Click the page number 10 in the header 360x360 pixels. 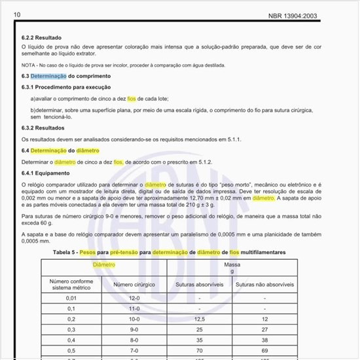point(17,14)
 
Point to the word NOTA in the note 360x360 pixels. point(28,66)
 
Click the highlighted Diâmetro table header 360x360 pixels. point(104,265)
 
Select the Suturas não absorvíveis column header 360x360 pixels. point(265,285)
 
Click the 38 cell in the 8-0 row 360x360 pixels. point(265,340)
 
